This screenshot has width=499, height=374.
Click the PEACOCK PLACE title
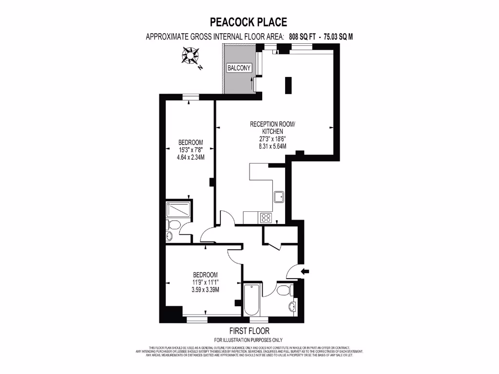coord(248,21)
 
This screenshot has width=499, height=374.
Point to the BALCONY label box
coord(239,68)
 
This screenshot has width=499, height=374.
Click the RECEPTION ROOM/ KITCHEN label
coord(272,128)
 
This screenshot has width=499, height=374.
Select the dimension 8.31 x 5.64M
coord(272,146)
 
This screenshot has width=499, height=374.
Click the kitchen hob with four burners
coord(267,217)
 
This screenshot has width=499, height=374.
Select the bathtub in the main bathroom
coord(251,298)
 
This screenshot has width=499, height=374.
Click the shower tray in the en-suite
coord(179,209)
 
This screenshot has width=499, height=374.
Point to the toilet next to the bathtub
coord(284,291)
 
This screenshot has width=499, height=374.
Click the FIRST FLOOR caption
coord(248,331)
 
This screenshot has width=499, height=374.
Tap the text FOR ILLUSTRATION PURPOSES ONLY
coord(248,340)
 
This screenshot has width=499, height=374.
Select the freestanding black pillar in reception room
coord(288,86)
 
